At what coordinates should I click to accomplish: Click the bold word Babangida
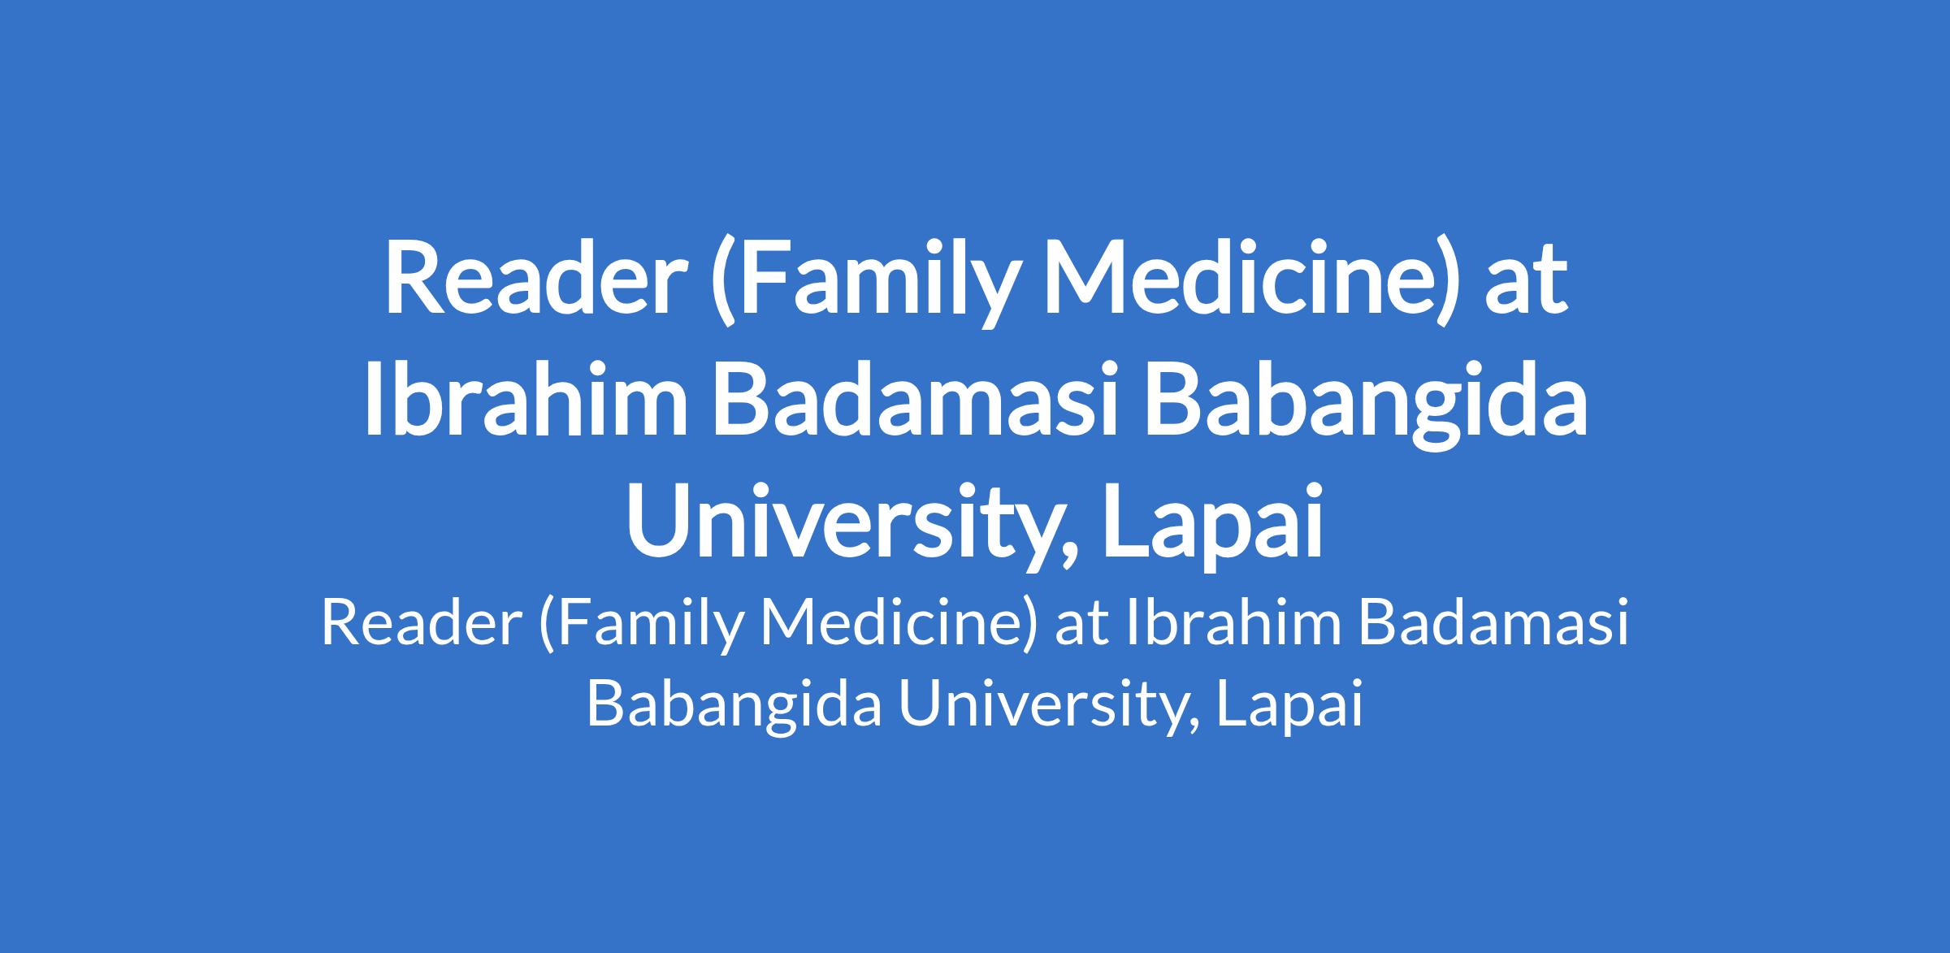(x=1364, y=406)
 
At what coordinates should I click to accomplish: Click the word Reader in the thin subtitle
(x=420, y=625)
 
